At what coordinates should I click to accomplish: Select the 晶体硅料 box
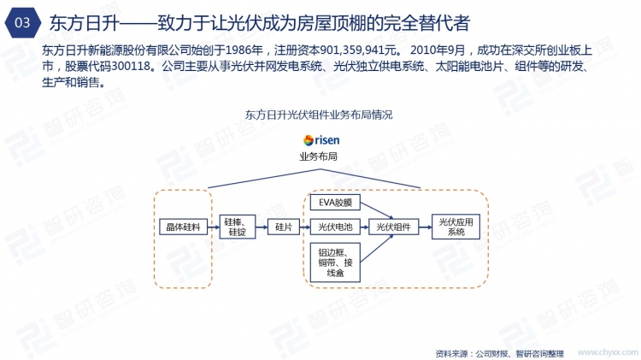tap(181, 227)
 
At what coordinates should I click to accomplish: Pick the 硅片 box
tap(284, 227)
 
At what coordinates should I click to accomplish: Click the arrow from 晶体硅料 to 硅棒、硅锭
tap(212, 227)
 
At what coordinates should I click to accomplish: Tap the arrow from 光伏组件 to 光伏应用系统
tap(423, 227)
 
